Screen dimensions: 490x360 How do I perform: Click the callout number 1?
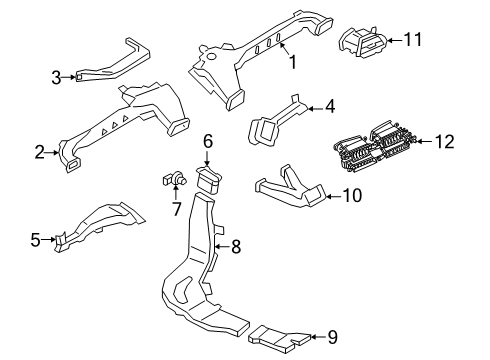293,62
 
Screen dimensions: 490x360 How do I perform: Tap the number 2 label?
40,153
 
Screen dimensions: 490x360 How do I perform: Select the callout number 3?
56,77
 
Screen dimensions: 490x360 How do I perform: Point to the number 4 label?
330,107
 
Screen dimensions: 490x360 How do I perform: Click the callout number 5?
35,240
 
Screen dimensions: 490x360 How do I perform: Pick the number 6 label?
208,141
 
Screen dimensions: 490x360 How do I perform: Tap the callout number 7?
176,209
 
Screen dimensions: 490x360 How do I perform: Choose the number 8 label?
236,247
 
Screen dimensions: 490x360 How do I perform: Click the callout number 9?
333,337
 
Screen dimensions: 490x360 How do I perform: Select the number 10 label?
352,196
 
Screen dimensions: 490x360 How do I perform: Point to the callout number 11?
413,39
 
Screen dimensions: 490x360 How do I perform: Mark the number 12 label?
445,142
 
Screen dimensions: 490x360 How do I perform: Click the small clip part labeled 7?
174,178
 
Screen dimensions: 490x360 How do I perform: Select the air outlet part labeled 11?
363,41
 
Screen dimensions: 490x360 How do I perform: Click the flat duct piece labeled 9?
279,339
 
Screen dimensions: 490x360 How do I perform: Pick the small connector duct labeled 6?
209,179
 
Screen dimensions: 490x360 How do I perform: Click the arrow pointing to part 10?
333,196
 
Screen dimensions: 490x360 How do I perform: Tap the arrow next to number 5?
48,239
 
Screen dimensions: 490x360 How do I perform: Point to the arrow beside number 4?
316,108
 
